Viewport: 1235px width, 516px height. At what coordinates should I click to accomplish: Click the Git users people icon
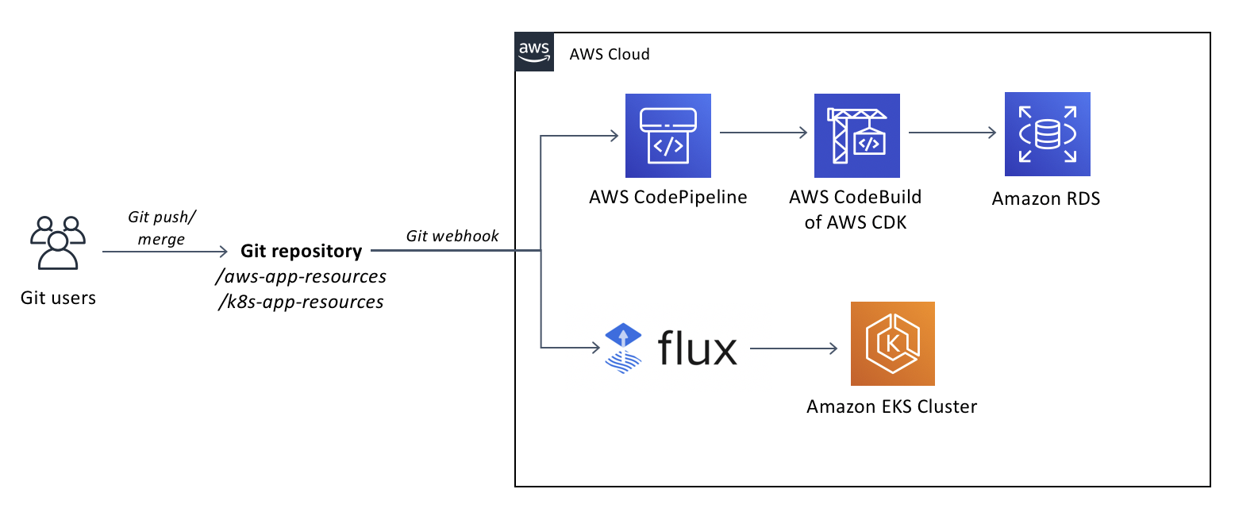point(57,242)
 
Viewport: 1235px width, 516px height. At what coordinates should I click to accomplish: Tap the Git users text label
point(58,298)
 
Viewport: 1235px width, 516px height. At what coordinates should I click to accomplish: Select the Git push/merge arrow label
point(161,228)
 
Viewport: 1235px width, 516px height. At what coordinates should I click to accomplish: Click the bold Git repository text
point(301,252)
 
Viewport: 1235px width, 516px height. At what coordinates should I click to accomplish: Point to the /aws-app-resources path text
point(301,276)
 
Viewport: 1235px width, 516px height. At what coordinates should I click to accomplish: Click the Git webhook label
point(452,236)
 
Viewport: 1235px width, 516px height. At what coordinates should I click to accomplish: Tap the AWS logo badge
point(534,52)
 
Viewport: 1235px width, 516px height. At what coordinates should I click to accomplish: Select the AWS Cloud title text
point(610,55)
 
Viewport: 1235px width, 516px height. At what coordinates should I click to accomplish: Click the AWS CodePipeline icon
point(668,136)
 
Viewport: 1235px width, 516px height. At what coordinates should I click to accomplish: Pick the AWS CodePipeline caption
point(668,197)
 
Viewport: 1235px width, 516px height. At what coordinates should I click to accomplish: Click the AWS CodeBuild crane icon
point(856,136)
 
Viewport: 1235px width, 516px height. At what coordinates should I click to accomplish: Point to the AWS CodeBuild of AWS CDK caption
point(856,210)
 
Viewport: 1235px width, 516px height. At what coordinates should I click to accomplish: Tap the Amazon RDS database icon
point(1047,134)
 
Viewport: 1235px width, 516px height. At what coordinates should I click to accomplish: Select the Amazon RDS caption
point(1046,198)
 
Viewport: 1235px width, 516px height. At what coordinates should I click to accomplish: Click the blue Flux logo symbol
point(623,348)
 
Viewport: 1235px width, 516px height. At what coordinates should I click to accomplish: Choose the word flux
point(697,348)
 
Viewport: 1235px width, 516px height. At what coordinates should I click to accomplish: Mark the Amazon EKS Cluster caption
point(891,407)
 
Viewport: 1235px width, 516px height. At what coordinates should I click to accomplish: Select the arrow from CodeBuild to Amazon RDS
point(952,134)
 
